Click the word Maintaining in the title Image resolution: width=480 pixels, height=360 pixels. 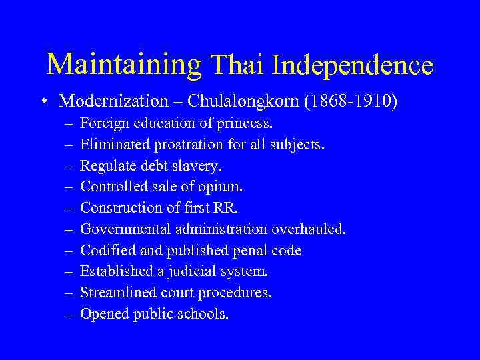click(x=124, y=65)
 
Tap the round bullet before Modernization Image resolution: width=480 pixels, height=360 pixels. click(x=43, y=101)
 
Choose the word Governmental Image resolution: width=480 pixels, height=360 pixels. click(x=124, y=229)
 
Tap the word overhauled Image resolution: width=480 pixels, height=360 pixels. click(x=309, y=229)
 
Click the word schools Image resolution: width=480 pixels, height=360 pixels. click(x=202, y=314)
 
